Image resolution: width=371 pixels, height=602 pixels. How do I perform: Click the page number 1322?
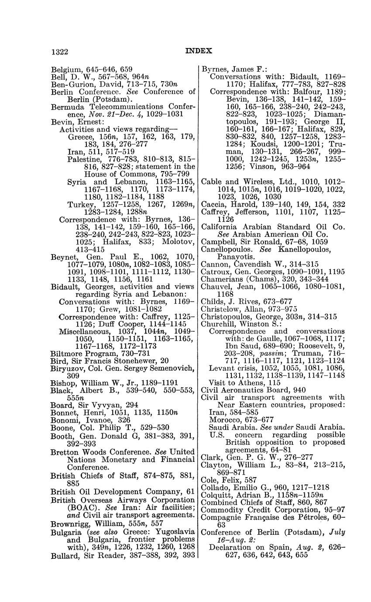point(60,52)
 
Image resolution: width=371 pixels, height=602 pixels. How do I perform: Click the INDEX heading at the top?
point(199,51)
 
